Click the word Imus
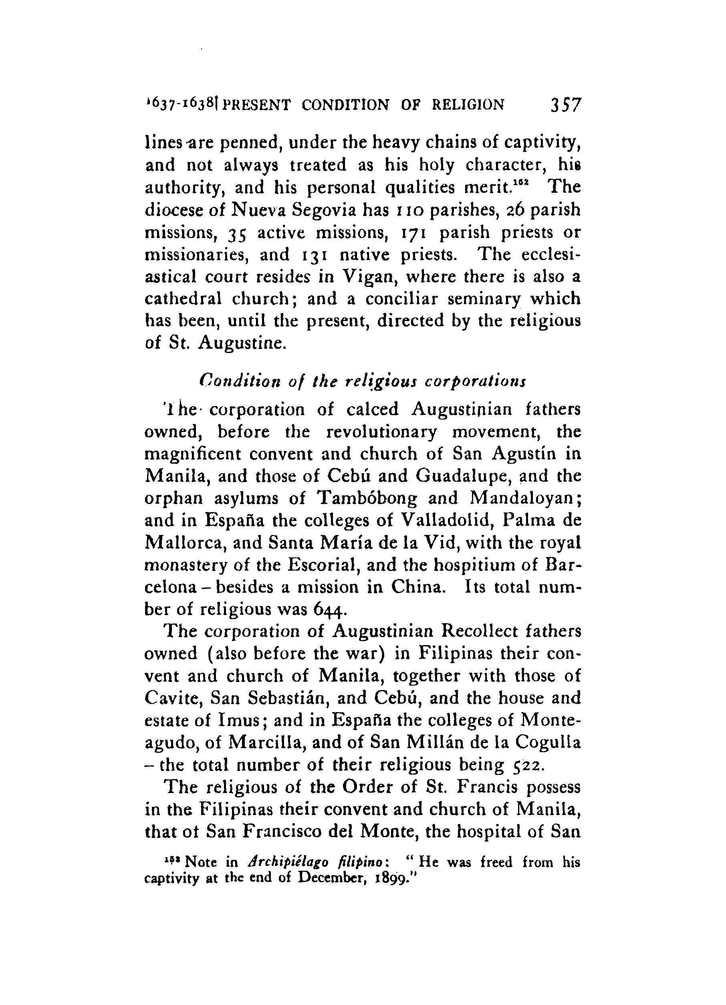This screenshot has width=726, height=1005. click(238, 720)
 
